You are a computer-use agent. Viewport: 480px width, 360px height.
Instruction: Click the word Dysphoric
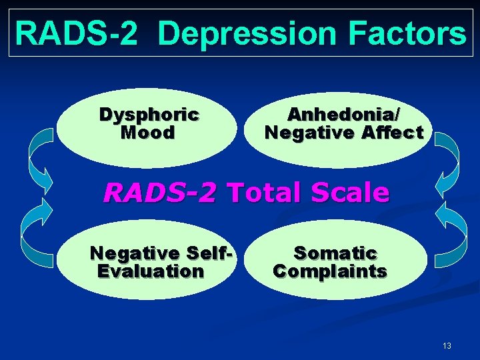coord(149,115)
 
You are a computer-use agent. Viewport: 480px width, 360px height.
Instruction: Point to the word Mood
coord(148,133)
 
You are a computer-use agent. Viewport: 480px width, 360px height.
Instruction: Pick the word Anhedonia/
coord(344,115)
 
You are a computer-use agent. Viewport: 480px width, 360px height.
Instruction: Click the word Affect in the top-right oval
coord(393,133)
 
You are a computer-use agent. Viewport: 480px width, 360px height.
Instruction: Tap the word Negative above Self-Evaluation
coord(135,253)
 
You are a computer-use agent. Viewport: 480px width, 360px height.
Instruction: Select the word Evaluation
coord(151,271)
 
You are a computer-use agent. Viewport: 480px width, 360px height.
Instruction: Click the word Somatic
coord(335,253)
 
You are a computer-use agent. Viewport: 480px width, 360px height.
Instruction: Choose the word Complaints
coord(331,271)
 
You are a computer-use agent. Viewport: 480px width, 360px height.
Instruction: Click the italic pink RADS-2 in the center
coord(160,193)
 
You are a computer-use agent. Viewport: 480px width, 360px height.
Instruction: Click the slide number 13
coord(446,345)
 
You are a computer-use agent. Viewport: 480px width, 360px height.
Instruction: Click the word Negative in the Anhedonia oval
coord(307,133)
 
